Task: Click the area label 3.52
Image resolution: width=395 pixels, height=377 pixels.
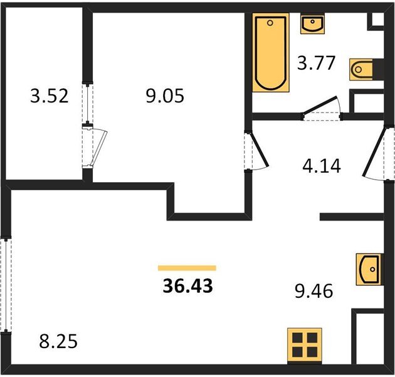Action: [x=50, y=96]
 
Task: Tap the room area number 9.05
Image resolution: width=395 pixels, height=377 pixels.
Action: [x=165, y=96]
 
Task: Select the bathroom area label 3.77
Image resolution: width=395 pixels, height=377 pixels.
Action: [x=316, y=63]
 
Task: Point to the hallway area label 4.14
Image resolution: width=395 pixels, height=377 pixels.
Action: [x=322, y=166]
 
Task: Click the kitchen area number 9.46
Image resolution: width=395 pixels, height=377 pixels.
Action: [x=314, y=291]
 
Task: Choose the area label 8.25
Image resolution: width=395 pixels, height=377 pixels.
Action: [x=58, y=341]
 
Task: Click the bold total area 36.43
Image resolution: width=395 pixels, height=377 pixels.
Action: [x=188, y=287]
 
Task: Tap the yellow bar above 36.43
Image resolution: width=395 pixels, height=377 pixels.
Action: [x=187, y=268]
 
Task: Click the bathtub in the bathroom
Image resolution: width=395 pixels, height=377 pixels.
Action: [x=271, y=53]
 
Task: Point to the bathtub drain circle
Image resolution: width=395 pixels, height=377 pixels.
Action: [x=270, y=23]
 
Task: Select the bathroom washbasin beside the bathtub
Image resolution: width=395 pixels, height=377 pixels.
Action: [x=312, y=24]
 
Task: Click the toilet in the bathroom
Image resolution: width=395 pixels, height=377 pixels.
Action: [x=361, y=70]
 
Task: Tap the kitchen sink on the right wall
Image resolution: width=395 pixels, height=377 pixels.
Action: [x=369, y=270]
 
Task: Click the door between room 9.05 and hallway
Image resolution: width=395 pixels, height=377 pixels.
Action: [x=259, y=151]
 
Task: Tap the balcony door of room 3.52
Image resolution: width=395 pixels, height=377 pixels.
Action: [x=99, y=147]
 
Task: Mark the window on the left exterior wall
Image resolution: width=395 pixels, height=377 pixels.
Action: [x=6, y=285]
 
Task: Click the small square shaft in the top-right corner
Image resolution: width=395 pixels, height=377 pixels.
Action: [x=377, y=19]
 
